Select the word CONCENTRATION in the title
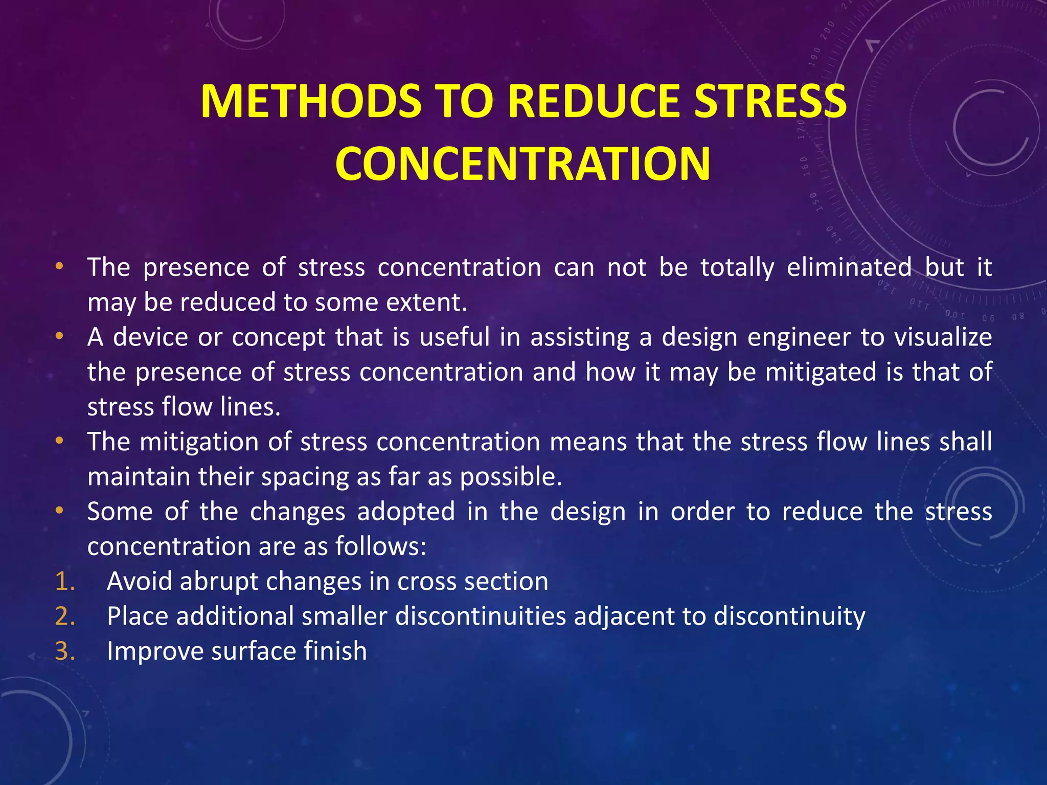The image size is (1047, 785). (x=522, y=164)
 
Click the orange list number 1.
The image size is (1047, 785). (x=65, y=582)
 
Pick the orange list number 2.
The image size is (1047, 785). (x=65, y=616)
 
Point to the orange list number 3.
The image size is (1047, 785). (x=65, y=651)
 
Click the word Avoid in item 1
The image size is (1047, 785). (x=139, y=582)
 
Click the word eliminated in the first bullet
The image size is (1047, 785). (x=849, y=267)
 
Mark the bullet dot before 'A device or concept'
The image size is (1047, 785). (x=60, y=336)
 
